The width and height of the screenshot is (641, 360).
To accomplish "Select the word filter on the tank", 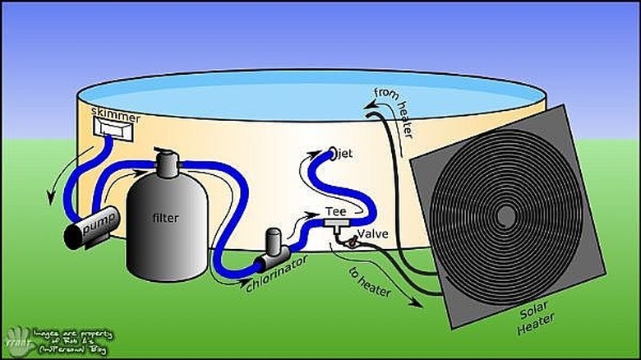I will tap(165, 218).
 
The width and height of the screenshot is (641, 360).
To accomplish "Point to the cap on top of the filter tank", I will tap(169, 164).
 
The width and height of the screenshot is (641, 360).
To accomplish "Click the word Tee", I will tap(337, 211).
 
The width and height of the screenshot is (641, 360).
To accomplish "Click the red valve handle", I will tap(351, 243).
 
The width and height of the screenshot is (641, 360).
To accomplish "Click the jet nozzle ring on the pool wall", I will tap(333, 152).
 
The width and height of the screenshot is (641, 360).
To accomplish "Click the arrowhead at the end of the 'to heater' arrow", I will tap(420, 305).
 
